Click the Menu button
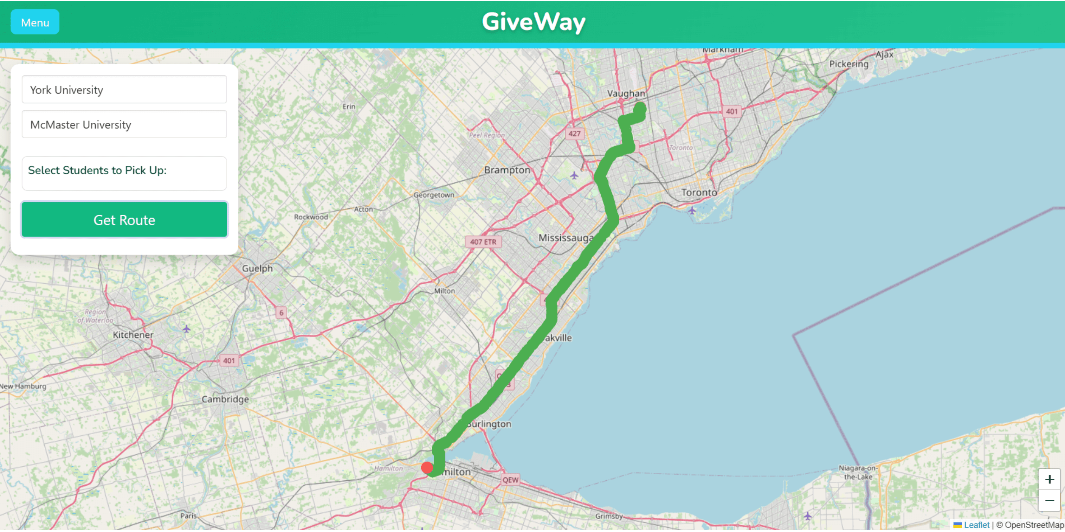tap(35, 22)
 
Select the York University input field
tap(124, 90)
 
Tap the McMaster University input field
tap(124, 125)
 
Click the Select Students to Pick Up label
tap(97, 171)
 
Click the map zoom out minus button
tap(1049, 501)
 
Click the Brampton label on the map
tap(507, 170)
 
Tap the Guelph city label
tap(257, 269)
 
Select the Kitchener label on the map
tap(133, 335)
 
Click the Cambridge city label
tap(225, 399)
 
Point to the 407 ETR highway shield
tap(483, 242)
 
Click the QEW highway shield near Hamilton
tap(510, 480)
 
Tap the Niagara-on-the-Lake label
tap(858, 472)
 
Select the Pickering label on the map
tap(849, 64)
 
